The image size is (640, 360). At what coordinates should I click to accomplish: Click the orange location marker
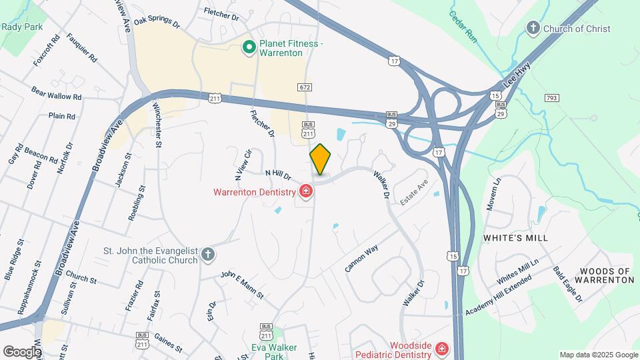(320, 159)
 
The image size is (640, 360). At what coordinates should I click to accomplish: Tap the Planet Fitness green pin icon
(249, 47)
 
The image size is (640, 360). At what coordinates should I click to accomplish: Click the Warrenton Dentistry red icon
(306, 192)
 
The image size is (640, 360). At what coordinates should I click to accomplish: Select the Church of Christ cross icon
(533, 28)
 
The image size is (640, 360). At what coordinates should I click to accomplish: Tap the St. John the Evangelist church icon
(208, 254)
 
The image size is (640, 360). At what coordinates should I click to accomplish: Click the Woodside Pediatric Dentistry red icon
(441, 349)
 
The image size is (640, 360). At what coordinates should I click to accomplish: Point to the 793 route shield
(551, 99)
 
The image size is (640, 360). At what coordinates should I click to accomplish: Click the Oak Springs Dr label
(157, 22)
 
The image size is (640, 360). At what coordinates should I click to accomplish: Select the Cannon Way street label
(361, 259)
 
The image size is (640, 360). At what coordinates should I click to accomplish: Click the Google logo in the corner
(22, 351)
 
